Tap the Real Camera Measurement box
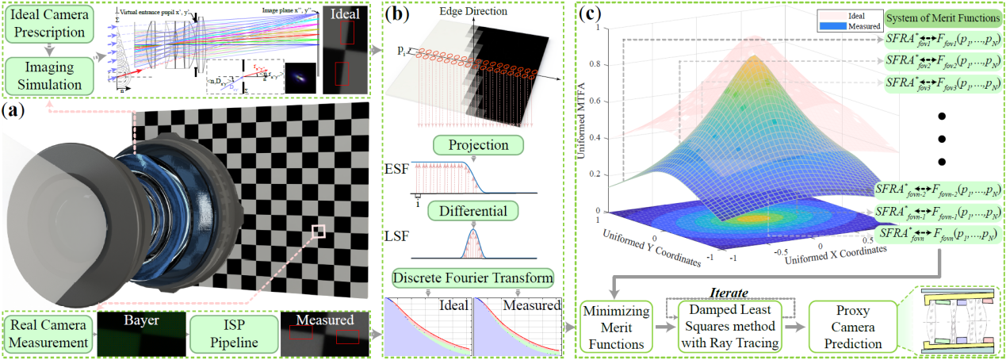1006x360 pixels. [48, 334]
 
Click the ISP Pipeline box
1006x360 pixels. [234, 334]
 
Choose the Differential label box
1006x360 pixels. [473, 211]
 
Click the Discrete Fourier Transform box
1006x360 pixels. [473, 278]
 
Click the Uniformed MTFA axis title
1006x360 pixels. [585, 119]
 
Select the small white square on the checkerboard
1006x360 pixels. [319, 231]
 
